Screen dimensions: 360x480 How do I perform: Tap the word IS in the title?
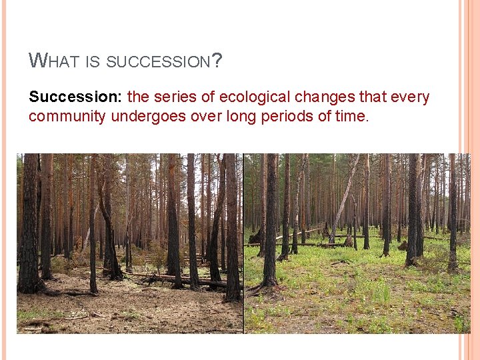tap(93, 62)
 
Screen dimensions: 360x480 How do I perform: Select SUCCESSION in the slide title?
tap(158, 62)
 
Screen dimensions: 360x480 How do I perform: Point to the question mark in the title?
tap(217, 61)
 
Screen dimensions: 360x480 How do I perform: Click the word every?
tap(411, 97)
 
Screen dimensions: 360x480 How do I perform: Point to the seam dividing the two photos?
tap(243, 243)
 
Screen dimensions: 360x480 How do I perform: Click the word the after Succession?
tap(138, 97)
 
